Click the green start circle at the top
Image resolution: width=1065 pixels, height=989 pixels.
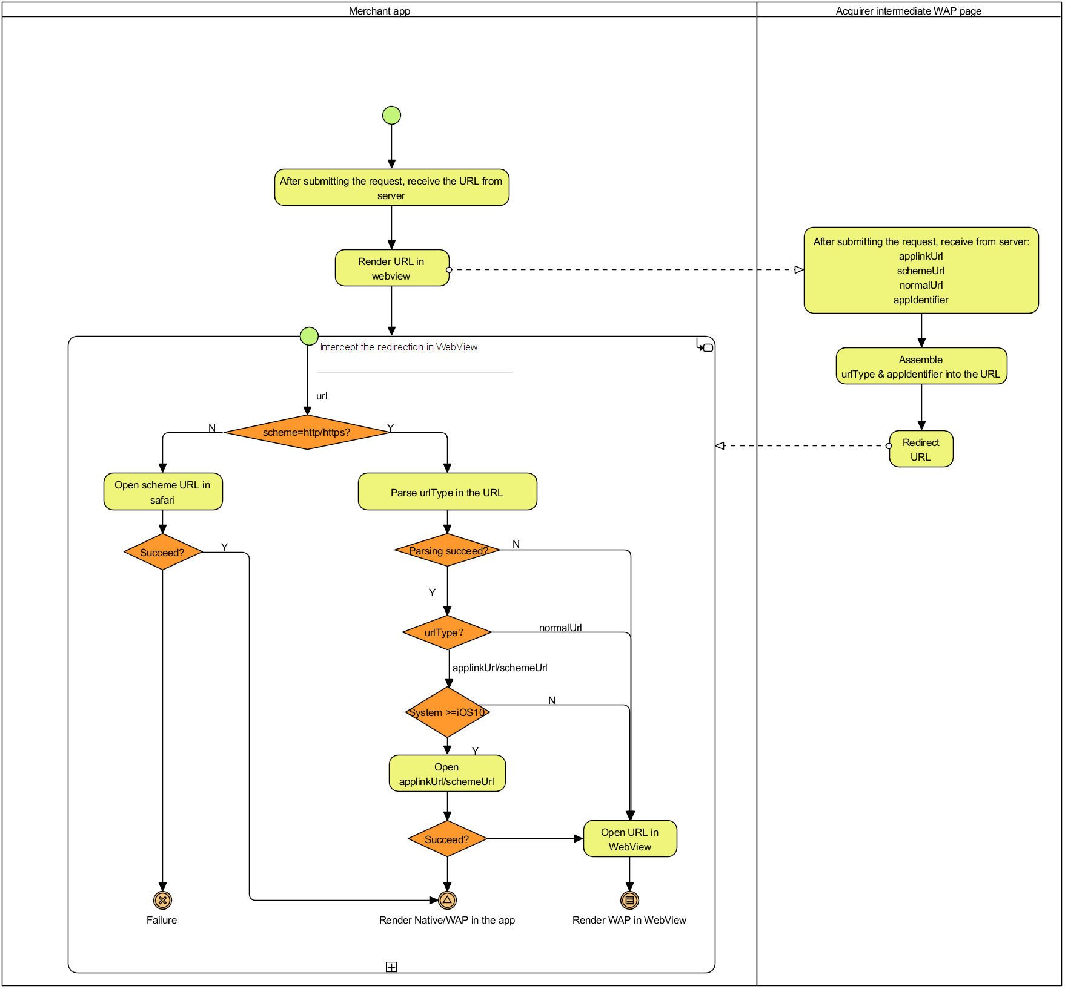(x=391, y=115)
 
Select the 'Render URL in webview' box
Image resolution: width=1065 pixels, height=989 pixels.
(x=391, y=268)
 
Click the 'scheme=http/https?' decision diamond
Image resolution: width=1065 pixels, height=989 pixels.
(x=307, y=432)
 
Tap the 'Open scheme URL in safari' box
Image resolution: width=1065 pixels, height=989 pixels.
(x=162, y=492)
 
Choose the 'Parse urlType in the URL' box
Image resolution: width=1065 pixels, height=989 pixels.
(x=447, y=492)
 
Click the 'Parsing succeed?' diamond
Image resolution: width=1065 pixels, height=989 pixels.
(x=447, y=550)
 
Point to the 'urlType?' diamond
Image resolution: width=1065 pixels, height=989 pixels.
(x=447, y=632)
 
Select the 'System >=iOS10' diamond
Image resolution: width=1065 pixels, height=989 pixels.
(x=447, y=712)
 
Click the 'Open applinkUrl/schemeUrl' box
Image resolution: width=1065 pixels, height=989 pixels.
(x=447, y=774)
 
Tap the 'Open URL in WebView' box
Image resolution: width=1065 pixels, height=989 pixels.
(x=630, y=839)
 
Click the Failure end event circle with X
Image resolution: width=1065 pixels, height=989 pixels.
(x=162, y=900)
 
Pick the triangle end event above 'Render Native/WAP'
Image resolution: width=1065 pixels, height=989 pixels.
(x=447, y=900)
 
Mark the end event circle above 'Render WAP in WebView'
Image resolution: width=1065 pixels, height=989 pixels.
(x=629, y=900)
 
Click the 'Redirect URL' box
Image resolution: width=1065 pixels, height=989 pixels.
(x=921, y=449)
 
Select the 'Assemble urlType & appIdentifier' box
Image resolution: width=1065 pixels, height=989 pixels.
(x=921, y=366)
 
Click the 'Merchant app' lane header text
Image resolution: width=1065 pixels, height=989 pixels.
(x=379, y=11)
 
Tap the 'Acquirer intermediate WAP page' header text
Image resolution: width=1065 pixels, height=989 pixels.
(x=908, y=11)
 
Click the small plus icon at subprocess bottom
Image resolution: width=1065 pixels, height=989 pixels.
(x=391, y=967)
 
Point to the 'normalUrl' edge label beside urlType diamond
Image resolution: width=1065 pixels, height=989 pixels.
(x=560, y=628)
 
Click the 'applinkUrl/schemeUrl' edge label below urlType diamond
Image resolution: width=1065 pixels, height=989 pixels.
(x=500, y=668)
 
